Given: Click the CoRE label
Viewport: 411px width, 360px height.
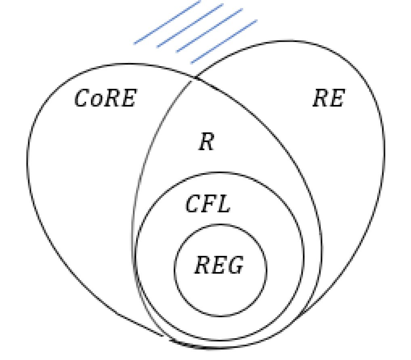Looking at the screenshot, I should pyautogui.click(x=105, y=99).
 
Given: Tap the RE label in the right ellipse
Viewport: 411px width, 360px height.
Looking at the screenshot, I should pyautogui.click(x=328, y=98).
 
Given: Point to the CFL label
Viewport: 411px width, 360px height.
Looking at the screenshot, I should pyautogui.click(x=208, y=204).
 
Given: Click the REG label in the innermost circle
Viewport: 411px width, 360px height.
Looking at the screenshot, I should pyautogui.click(x=219, y=266).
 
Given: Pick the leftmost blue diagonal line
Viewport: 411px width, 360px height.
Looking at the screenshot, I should pyautogui.click(x=167, y=22).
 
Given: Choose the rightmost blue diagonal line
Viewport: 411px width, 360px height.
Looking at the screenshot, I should pyautogui.click(x=224, y=42).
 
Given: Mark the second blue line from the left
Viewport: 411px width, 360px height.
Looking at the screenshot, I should pyautogui.click(x=190, y=25).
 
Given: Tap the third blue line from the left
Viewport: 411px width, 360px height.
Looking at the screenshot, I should pyautogui.click(x=209, y=30).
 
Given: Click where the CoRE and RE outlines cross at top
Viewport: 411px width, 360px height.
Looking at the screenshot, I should pyautogui.click(x=195, y=77).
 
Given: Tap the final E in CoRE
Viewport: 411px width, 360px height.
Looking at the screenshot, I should pyautogui.click(x=127, y=99).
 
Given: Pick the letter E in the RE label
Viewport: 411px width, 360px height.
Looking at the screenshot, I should pyautogui.click(x=336, y=98).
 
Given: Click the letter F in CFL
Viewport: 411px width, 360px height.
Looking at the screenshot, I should pyautogui.click(x=208, y=204).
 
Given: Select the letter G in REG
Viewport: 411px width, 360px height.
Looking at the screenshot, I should pyautogui.click(x=235, y=266).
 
